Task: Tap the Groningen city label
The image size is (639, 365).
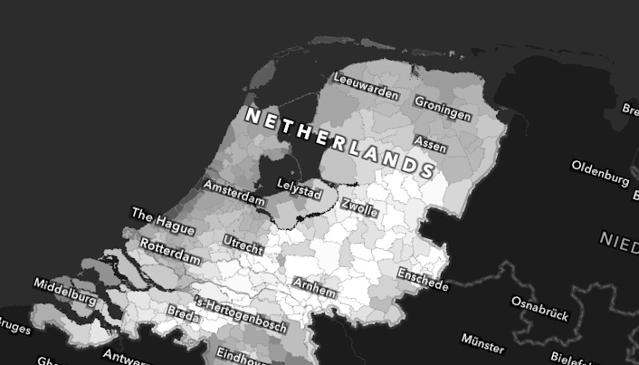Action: tap(443, 108)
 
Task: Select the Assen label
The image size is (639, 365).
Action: tap(430, 143)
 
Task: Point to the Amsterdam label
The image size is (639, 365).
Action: tap(234, 191)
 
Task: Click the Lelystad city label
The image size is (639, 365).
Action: tap(300, 188)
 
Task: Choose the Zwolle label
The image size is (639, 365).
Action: tap(359, 207)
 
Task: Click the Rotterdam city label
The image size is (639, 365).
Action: tap(170, 251)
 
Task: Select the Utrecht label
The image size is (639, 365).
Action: tap(243, 244)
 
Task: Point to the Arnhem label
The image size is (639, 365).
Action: tap(314, 287)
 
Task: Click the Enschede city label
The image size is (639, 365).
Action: tap(423, 280)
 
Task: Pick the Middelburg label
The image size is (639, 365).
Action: tap(65, 291)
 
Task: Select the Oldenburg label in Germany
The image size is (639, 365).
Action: tap(600, 172)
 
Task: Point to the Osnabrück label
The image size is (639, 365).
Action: tap(539, 308)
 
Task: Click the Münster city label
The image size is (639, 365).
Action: tap(482, 342)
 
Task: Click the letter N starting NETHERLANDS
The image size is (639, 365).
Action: tap(252, 115)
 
